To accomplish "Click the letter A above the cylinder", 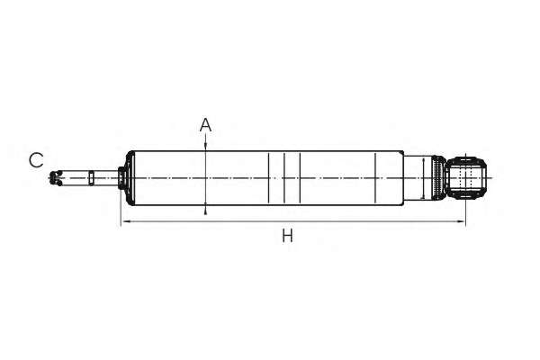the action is [205, 125].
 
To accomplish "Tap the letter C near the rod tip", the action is [36, 160].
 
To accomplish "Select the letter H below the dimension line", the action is [288, 236].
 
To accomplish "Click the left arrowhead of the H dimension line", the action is [126, 221].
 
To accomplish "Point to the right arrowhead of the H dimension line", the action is [461, 221].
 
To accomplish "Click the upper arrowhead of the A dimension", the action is [205, 147].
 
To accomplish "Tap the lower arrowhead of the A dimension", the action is [205, 210].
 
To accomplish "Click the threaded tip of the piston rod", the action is [56, 178].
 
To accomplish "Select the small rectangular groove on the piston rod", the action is [91, 178].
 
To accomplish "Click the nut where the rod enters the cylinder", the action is [121, 178].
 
